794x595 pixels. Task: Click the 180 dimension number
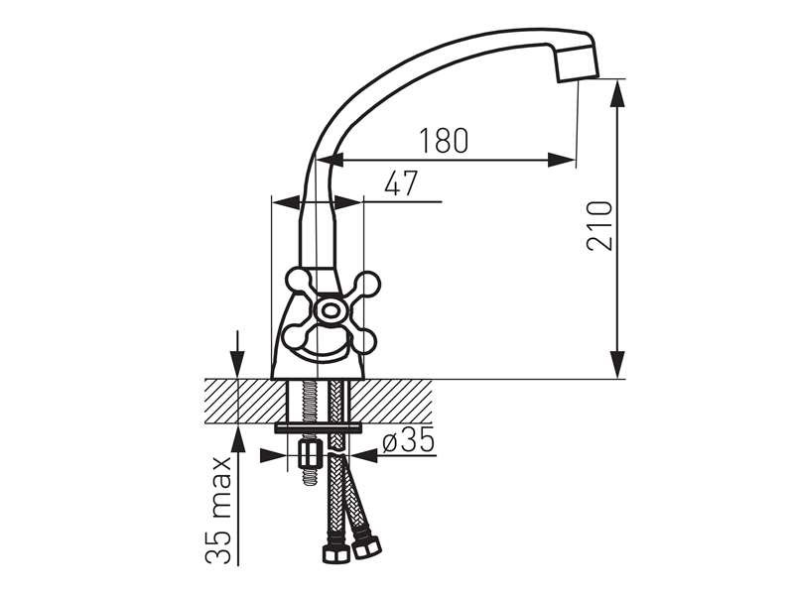(444, 141)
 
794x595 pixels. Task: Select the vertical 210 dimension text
(600, 226)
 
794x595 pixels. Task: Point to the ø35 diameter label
(409, 440)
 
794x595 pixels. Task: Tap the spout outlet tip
(578, 64)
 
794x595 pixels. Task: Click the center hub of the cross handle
(331, 310)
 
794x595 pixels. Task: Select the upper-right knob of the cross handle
(367, 284)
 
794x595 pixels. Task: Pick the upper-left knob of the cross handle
(297, 282)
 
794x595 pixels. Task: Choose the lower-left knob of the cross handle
(294, 338)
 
